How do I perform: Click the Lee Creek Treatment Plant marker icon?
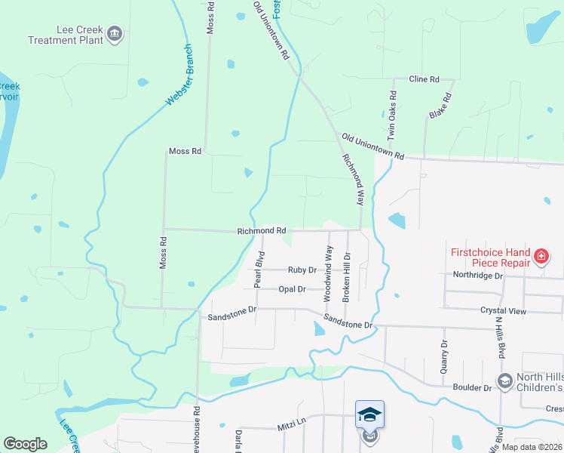[x=115, y=34]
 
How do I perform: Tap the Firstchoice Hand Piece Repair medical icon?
[x=540, y=258]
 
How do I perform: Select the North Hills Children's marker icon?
[x=504, y=381]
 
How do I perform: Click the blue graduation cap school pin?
[x=369, y=414]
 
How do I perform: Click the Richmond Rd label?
[x=262, y=230]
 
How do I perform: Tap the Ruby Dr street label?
[x=302, y=270]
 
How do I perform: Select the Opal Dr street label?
[x=292, y=289]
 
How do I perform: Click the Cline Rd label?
[x=424, y=79]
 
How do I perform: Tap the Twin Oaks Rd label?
[x=392, y=116]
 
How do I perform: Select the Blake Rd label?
[x=440, y=106]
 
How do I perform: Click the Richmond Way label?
[x=353, y=182]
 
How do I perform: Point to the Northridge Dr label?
[x=478, y=276]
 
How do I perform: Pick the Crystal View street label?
[x=502, y=310]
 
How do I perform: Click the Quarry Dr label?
[x=444, y=353]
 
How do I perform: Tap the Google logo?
[x=25, y=444]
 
